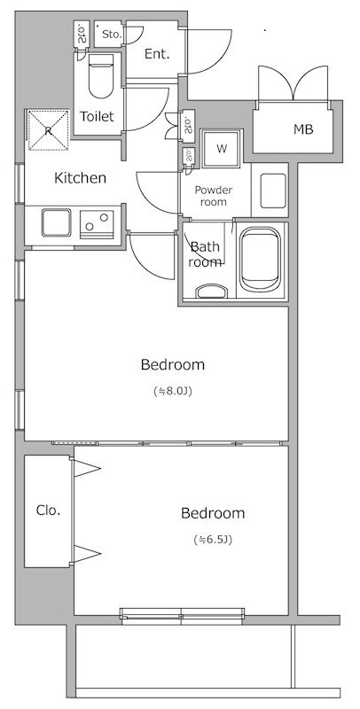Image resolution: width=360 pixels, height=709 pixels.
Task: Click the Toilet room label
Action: (x=97, y=116)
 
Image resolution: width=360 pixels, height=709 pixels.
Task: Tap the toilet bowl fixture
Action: (x=101, y=76)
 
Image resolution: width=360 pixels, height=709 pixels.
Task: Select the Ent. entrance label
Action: (x=156, y=54)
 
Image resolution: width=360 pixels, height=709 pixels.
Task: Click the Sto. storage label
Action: (x=112, y=34)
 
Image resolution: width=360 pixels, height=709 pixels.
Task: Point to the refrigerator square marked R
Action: (x=49, y=129)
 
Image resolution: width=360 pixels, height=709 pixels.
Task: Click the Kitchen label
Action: (x=80, y=178)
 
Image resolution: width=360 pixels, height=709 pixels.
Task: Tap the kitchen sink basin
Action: (x=57, y=222)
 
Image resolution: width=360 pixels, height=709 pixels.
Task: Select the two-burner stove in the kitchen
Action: (x=97, y=224)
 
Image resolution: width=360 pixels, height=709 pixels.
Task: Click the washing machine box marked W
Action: (x=222, y=149)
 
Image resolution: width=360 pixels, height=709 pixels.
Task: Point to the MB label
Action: (x=303, y=129)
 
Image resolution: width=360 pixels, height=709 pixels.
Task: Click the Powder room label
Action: (x=214, y=196)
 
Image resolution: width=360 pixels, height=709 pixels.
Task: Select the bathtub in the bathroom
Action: (x=260, y=260)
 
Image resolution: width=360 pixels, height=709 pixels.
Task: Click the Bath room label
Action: (x=205, y=254)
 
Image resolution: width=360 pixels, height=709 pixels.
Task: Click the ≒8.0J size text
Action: (x=173, y=391)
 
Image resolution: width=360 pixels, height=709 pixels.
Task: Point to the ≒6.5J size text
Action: (x=213, y=540)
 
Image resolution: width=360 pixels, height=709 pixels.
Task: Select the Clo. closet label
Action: (x=48, y=510)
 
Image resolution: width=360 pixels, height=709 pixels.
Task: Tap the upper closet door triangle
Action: (x=86, y=469)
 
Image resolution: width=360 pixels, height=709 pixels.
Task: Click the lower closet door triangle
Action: (x=86, y=554)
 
